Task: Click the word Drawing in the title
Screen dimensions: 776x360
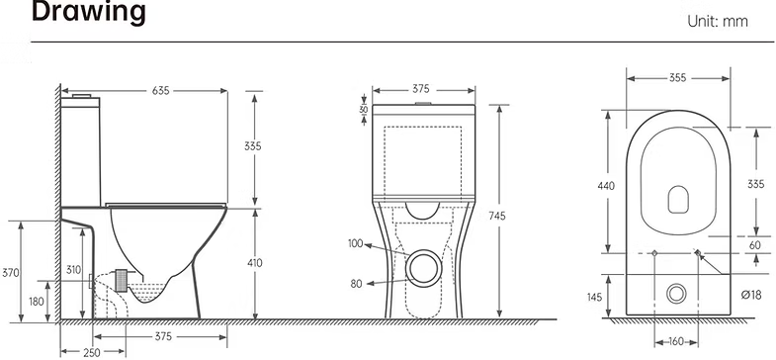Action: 89,12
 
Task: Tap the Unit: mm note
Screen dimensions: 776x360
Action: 718,22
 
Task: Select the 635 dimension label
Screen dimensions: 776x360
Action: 160,91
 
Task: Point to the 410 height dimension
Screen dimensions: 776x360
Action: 255,263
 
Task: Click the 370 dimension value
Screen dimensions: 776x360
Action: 11,272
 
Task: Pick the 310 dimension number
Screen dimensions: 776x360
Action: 74,270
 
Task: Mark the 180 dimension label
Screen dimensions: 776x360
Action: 37,301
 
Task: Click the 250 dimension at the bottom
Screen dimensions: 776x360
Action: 92,352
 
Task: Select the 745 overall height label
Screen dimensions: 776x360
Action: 497,216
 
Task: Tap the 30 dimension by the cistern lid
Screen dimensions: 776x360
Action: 364,110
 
